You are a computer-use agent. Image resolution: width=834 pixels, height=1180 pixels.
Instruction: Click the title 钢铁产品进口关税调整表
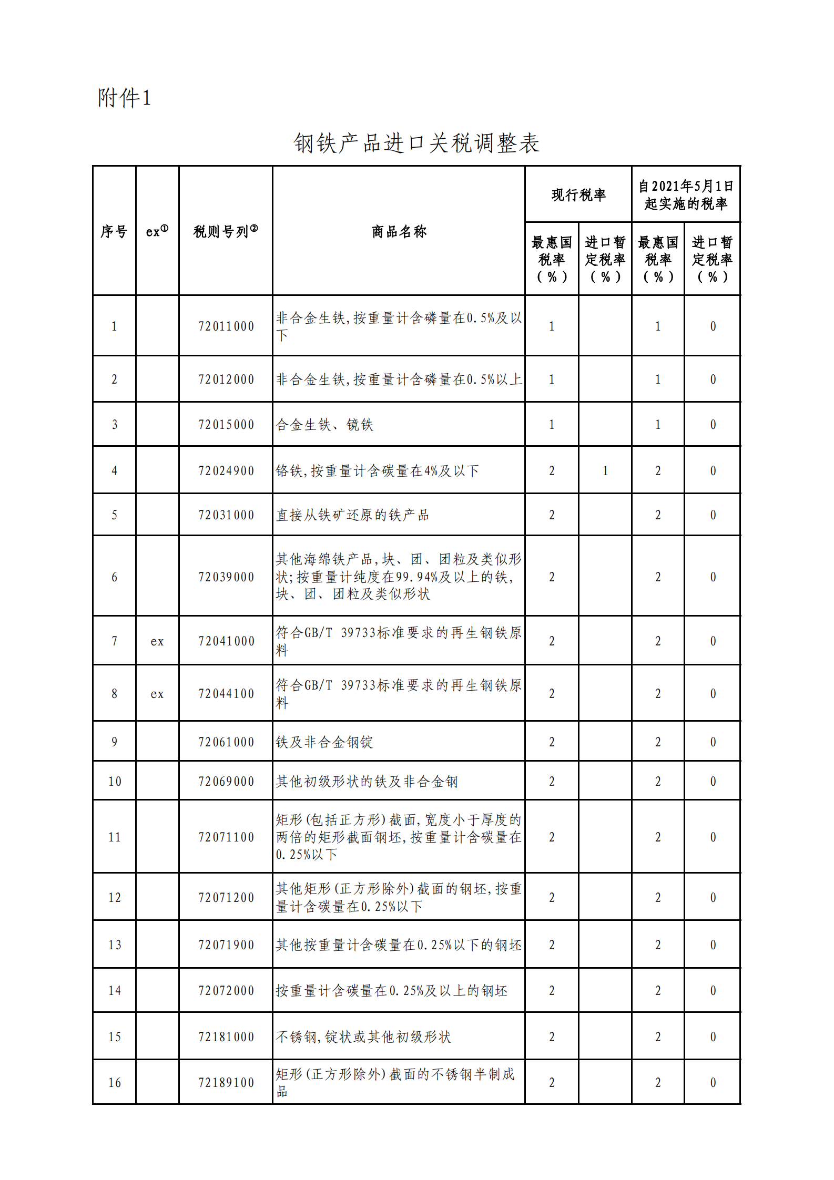(x=416, y=143)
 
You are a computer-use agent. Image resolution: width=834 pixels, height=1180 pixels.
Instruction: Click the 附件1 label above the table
(x=124, y=98)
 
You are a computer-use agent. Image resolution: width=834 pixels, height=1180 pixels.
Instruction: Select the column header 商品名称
(x=399, y=231)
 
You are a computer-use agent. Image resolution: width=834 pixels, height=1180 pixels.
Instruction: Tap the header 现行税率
(x=578, y=194)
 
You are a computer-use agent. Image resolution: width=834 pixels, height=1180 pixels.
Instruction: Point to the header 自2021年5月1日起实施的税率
(x=686, y=194)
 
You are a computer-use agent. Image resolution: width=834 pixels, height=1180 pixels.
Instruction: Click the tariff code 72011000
(x=226, y=326)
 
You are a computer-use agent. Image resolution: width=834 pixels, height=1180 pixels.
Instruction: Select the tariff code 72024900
(x=226, y=471)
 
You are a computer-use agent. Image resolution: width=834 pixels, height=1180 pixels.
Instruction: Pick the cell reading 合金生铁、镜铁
(x=324, y=425)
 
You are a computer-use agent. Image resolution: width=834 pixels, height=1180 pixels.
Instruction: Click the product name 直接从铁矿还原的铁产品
(x=352, y=515)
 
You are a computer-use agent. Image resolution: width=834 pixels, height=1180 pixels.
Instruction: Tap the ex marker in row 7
(x=157, y=641)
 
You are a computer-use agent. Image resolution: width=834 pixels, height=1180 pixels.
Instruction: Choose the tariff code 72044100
(x=226, y=694)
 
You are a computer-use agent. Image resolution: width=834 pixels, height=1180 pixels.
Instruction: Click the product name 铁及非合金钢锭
(x=324, y=742)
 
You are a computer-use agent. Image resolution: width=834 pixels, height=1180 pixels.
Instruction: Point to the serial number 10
(x=115, y=782)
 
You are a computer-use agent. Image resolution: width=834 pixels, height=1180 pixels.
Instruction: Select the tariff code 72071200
(x=226, y=898)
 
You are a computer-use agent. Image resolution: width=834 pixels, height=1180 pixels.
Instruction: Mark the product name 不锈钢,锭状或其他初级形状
(x=363, y=1037)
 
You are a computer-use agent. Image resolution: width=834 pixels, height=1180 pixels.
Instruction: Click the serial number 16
(x=115, y=1083)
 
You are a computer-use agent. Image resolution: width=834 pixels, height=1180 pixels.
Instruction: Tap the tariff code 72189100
(x=226, y=1083)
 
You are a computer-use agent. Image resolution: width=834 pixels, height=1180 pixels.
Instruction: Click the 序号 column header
(x=114, y=231)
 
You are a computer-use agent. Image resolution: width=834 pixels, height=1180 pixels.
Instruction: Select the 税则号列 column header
(x=225, y=231)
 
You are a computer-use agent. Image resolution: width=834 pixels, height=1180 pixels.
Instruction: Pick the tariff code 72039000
(x=226, y=577)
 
